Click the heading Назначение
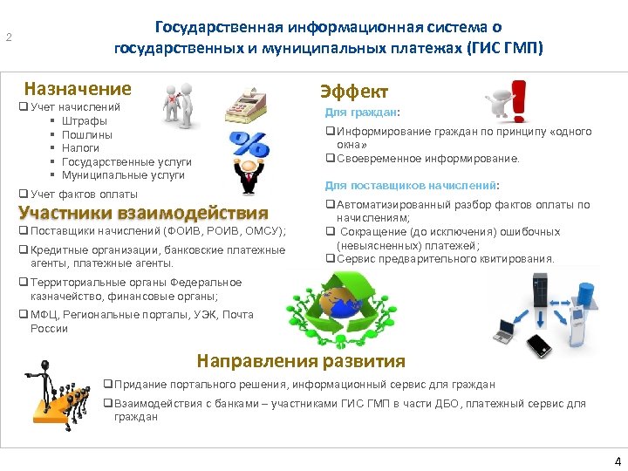(78, 88)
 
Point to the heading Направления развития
(301, 361)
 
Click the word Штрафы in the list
(85, 120)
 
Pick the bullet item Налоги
(81, 148)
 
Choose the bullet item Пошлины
(87, 134)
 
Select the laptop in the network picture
(505, 329)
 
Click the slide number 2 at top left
(9, 38)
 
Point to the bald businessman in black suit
(250, 178)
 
